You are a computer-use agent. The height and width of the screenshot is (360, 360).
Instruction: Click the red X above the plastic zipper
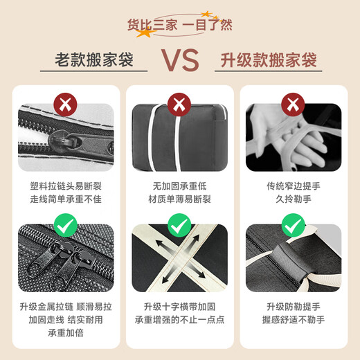[x=66, y=105]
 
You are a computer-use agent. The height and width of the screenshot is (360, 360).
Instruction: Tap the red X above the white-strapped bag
[x=179, y=105]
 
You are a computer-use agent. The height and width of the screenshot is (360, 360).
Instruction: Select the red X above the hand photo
[x=293, y=105]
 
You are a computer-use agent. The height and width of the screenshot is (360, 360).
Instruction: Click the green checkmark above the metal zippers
[x=66, y=224]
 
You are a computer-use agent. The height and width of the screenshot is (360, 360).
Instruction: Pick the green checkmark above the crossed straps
[x=179, y=224]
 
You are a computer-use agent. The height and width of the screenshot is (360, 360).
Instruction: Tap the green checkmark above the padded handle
[x=293, y=224]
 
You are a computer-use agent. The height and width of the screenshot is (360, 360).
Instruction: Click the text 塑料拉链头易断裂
[x=66, y=186]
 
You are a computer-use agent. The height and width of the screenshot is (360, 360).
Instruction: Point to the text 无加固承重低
[x=179, y=186]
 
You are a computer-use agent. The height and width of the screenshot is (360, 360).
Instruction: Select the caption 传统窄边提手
[x=293, y=186]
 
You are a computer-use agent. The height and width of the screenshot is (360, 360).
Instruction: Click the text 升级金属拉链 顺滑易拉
[x=66, y=305]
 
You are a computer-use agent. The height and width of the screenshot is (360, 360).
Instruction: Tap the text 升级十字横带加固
[x=179, y=305]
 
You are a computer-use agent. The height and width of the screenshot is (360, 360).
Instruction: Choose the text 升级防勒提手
[x=293, y=305]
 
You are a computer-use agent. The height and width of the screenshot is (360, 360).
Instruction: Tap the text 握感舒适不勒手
[x=293, y=318]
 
